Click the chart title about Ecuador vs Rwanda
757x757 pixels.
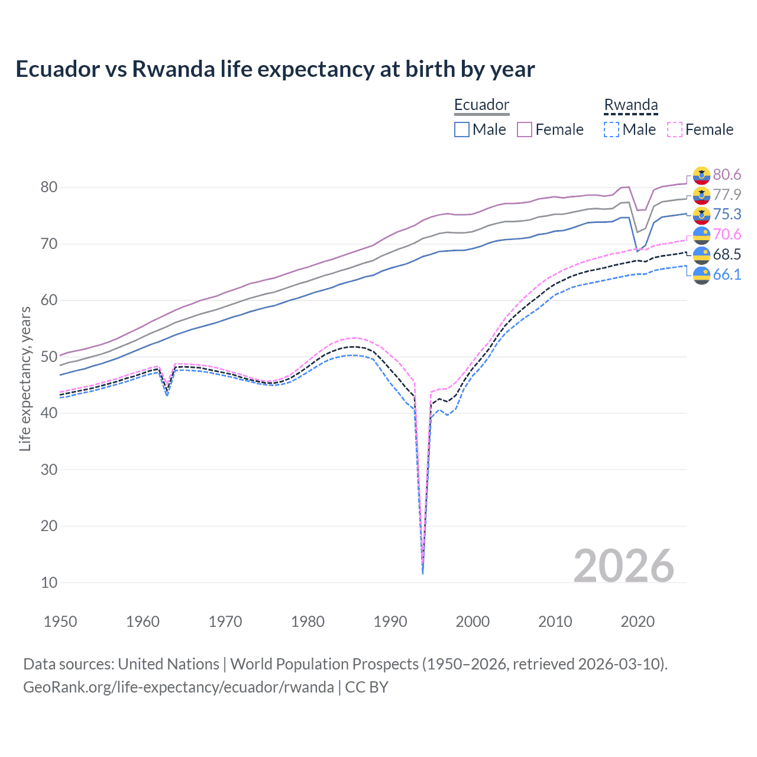pos(275,69)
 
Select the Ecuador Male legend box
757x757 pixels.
pos(462,130)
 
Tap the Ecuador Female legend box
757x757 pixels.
pos(525,130)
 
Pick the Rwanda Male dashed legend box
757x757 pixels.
pos(612,130)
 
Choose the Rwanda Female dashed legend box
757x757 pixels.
pos(675,130)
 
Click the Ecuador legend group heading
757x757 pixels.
pos(481,105)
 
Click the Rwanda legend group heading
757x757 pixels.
pos(630,105)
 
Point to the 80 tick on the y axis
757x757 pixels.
pos(49,187)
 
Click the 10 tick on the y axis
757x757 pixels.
pos(49,583)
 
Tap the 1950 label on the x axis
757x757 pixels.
pos(60,622)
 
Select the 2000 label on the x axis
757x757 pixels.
pos(473,622)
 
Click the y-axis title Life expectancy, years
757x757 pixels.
pos(25,378)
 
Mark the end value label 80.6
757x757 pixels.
pos(727,174)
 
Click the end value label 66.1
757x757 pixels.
pos(727,274)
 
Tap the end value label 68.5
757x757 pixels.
pos(727,254)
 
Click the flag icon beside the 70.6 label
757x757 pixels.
pos(701,235)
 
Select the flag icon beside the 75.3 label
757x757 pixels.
pos(701,215)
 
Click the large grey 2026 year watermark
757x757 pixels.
pos(623,566)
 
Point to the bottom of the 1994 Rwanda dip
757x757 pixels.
pos(422,572)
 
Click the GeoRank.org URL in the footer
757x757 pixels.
pos(179,687)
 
